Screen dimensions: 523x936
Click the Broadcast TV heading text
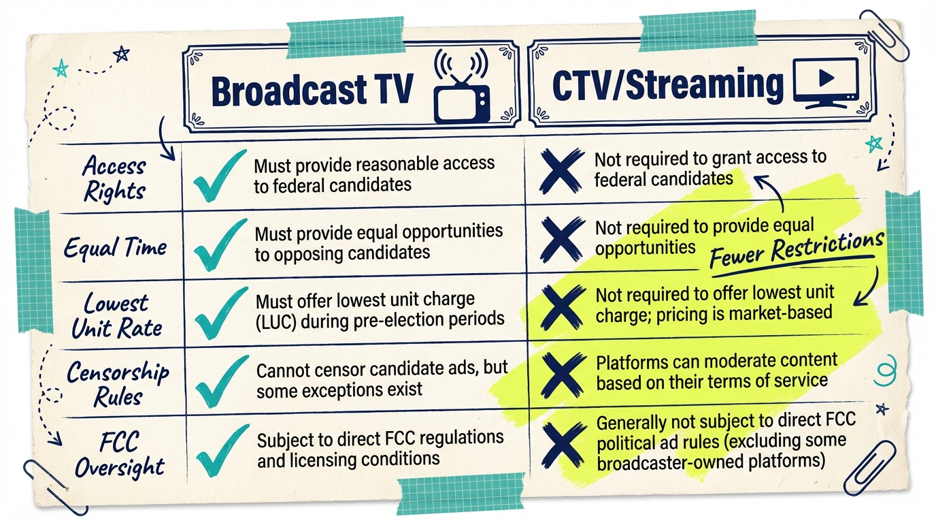312,90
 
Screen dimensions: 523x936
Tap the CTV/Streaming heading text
668,86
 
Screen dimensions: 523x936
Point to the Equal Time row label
115,247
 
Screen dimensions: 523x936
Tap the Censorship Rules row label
118,383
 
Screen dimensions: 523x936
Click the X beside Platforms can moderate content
563,377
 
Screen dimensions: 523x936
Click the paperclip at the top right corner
884,34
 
